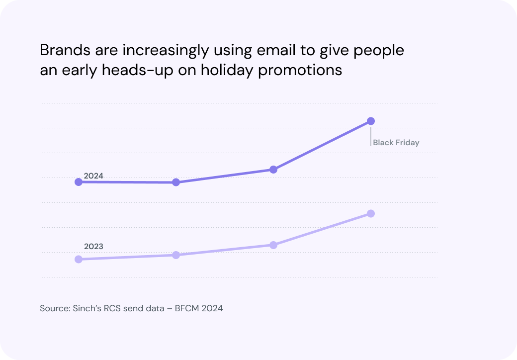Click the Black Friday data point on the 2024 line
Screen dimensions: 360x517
(x=370, y=121)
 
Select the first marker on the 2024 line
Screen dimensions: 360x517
(x=78, y=182)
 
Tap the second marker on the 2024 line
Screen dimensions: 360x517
(x=175, y=182)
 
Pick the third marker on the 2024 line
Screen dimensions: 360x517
(x=273, y=170)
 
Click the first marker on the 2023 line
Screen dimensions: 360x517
(x=78, y=259)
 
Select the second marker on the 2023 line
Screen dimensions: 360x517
(x=175, y=255)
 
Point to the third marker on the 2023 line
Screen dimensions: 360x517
(x=273, y=245)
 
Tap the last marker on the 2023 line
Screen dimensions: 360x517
(x=370, y=214)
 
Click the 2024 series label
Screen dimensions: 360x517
(x=93, y=176)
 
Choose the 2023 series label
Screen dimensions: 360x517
(x=93, y=246)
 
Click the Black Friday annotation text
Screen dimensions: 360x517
(x=396, y=143)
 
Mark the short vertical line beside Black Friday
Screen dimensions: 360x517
(x=371, y=136)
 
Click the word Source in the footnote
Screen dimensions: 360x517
(x=53, y=308)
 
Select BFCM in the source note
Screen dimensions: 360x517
(x=187, y=308)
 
